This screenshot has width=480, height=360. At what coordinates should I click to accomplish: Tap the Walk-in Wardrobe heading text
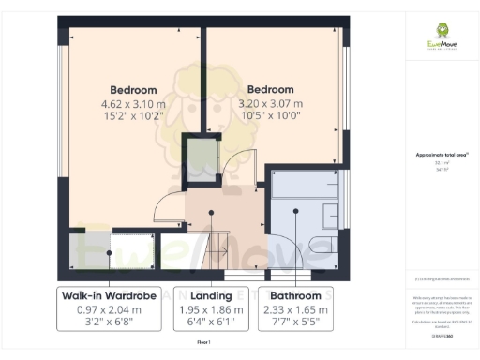(108, 295)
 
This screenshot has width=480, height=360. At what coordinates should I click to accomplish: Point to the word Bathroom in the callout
(296, 295)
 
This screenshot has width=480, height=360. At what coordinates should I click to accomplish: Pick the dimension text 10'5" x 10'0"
(270, 116)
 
